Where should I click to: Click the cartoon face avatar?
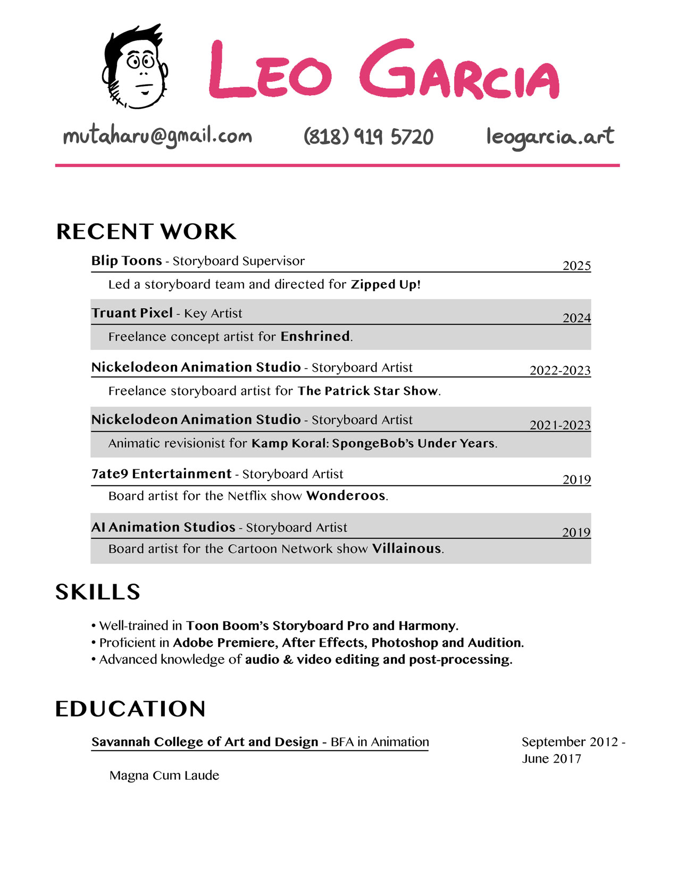coord(135,67)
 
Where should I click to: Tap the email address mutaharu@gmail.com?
coord(157,137)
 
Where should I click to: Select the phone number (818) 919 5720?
coord(368,137)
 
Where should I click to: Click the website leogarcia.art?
coord(550,137)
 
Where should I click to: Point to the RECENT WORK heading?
coord(146,232)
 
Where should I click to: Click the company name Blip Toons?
coord(127,261)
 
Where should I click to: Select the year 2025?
coord(576,266)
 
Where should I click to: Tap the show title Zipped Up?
coord(386,284)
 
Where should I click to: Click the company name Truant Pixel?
coord(132,313)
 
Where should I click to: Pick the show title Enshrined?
coord(315,336)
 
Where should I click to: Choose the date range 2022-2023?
coord(560,370)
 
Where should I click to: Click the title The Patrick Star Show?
coord(368,391)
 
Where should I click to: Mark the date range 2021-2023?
coord(560,425)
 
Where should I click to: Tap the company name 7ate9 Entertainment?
coord(162,474)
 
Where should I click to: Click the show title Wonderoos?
coord(346,496)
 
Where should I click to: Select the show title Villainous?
coord(407,549)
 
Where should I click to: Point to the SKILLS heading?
coord(98,592)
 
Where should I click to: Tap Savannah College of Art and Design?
coord(205,742)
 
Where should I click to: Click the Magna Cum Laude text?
coord(164,775)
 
